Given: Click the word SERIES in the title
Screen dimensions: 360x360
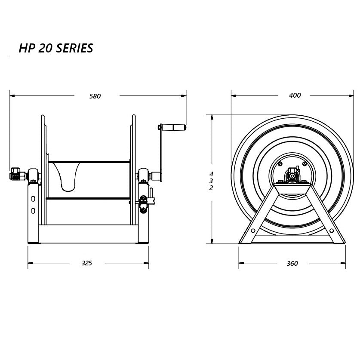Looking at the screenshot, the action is (74, 48).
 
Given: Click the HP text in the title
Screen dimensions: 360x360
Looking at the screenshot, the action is (27, 48).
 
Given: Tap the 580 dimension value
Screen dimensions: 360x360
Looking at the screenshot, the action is (95, 96).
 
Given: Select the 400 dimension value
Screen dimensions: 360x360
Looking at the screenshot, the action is (295, 95).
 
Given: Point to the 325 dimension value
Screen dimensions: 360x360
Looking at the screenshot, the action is (87, 263).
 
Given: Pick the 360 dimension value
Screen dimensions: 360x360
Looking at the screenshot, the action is (292, 263).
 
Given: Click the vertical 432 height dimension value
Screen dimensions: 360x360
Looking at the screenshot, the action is (211, 181).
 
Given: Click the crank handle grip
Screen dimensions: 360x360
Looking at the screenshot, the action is (174, 127).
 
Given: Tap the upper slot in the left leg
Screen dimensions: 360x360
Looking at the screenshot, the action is (33, 199).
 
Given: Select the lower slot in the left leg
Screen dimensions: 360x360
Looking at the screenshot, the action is (33, 210).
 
